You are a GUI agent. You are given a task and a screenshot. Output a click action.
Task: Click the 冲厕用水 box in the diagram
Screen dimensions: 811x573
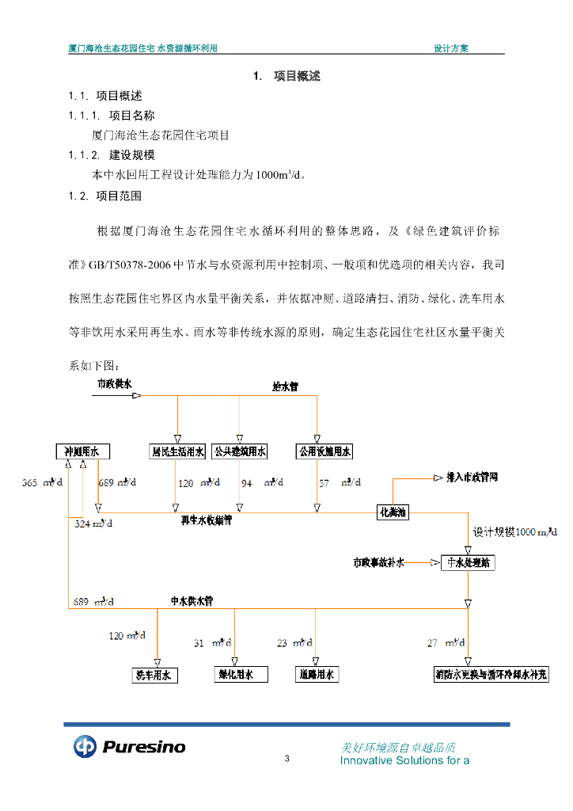click(x=82, y=451)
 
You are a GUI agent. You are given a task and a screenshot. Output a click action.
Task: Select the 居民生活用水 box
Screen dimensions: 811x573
click(x=178, y=451)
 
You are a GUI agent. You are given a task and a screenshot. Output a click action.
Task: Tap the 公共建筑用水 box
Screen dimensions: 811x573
click(x=240, y=451)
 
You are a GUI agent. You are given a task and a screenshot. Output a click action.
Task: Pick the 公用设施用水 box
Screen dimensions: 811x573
click(x=323, y=451)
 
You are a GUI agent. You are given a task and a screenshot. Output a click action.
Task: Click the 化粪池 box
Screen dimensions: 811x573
click(x=393, y=512)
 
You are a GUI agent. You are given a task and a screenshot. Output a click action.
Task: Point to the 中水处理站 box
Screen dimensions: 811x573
click(x=469, y=563)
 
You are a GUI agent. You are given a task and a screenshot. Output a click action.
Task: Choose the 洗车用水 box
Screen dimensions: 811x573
click(x=154, y=676)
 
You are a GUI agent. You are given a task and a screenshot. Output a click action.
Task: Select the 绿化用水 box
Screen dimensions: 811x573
click(x=236, y=675)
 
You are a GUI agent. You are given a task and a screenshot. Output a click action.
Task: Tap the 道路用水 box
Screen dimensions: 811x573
click(x=316, y=675)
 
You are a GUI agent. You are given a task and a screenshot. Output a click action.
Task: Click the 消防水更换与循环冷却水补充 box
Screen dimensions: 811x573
click(x=491, y=675)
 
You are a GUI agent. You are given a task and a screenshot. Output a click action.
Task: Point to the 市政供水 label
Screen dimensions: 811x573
click(x=115, y=383)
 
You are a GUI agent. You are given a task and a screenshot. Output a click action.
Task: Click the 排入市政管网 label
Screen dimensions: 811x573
click(x=466, y=478)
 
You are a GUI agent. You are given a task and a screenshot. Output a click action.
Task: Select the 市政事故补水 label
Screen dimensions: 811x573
click(x=378, y=563)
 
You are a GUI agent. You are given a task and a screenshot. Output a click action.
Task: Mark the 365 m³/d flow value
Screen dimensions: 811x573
click(x=38, y=482)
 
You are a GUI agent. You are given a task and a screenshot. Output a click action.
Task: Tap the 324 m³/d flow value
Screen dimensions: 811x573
click(x=93, y=524)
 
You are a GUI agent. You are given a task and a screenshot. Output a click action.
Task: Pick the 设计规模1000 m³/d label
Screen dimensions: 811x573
click(x=514, y=532)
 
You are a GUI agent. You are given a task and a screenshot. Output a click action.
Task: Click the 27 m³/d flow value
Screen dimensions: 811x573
click(x=444, y=643)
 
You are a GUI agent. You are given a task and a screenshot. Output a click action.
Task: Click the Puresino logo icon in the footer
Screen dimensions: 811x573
click(x=85, y=746)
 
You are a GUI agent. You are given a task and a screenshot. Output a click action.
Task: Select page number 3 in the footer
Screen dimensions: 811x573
click(x=287, y=760)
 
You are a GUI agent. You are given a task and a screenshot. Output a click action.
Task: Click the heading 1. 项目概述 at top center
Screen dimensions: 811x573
click(x=286, y=76)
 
